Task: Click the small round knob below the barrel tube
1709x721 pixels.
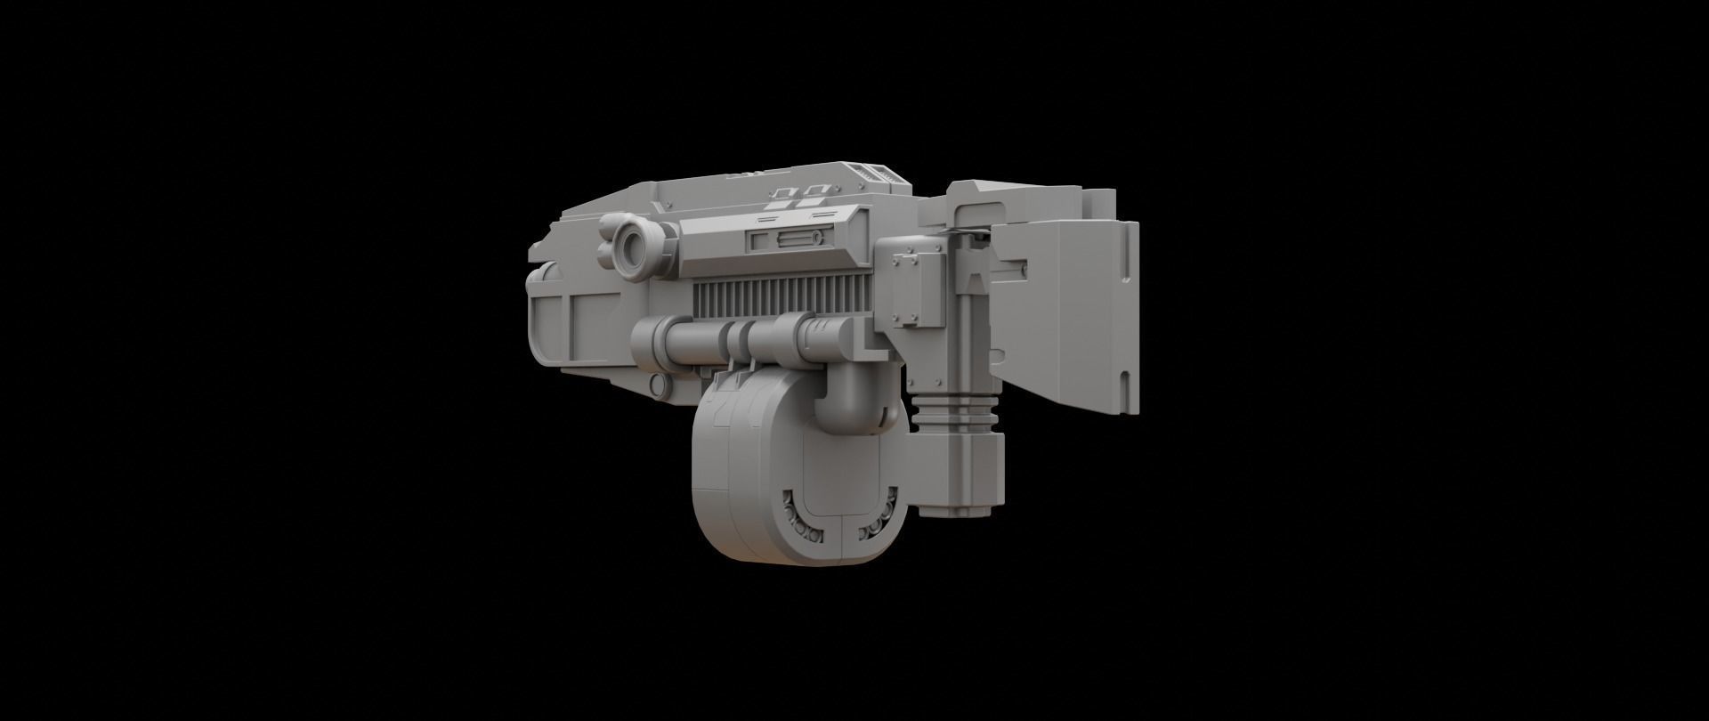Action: [658, 385]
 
